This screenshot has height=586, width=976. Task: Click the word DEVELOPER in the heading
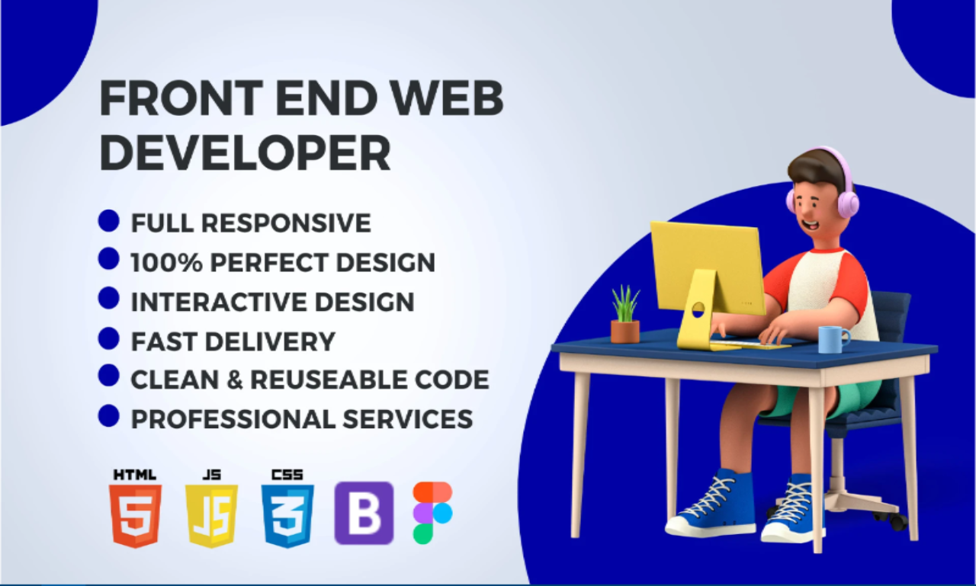(246, 153)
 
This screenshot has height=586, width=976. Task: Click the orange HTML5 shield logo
(135, 515)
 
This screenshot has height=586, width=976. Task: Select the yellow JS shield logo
(212, 515)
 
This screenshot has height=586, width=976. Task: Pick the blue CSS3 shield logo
(287, 515)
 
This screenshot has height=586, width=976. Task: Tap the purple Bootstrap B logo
(364, 513)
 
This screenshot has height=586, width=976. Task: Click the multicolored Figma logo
(432, 513)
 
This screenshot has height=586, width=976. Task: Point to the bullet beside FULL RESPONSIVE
(108, 221)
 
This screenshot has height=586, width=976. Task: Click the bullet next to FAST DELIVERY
(108, 338)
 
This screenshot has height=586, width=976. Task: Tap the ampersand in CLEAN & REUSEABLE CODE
(234, 379)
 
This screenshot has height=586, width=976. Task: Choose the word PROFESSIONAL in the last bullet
(233, 419)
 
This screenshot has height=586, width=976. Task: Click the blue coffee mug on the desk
(833, 339)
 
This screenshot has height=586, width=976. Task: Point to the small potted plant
(625, 314)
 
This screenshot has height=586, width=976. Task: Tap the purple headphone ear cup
(847, 204)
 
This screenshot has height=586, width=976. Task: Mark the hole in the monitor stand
(698, 309)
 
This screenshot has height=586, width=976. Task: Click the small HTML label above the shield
(135, 475)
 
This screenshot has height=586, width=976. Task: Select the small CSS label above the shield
(287, 475)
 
